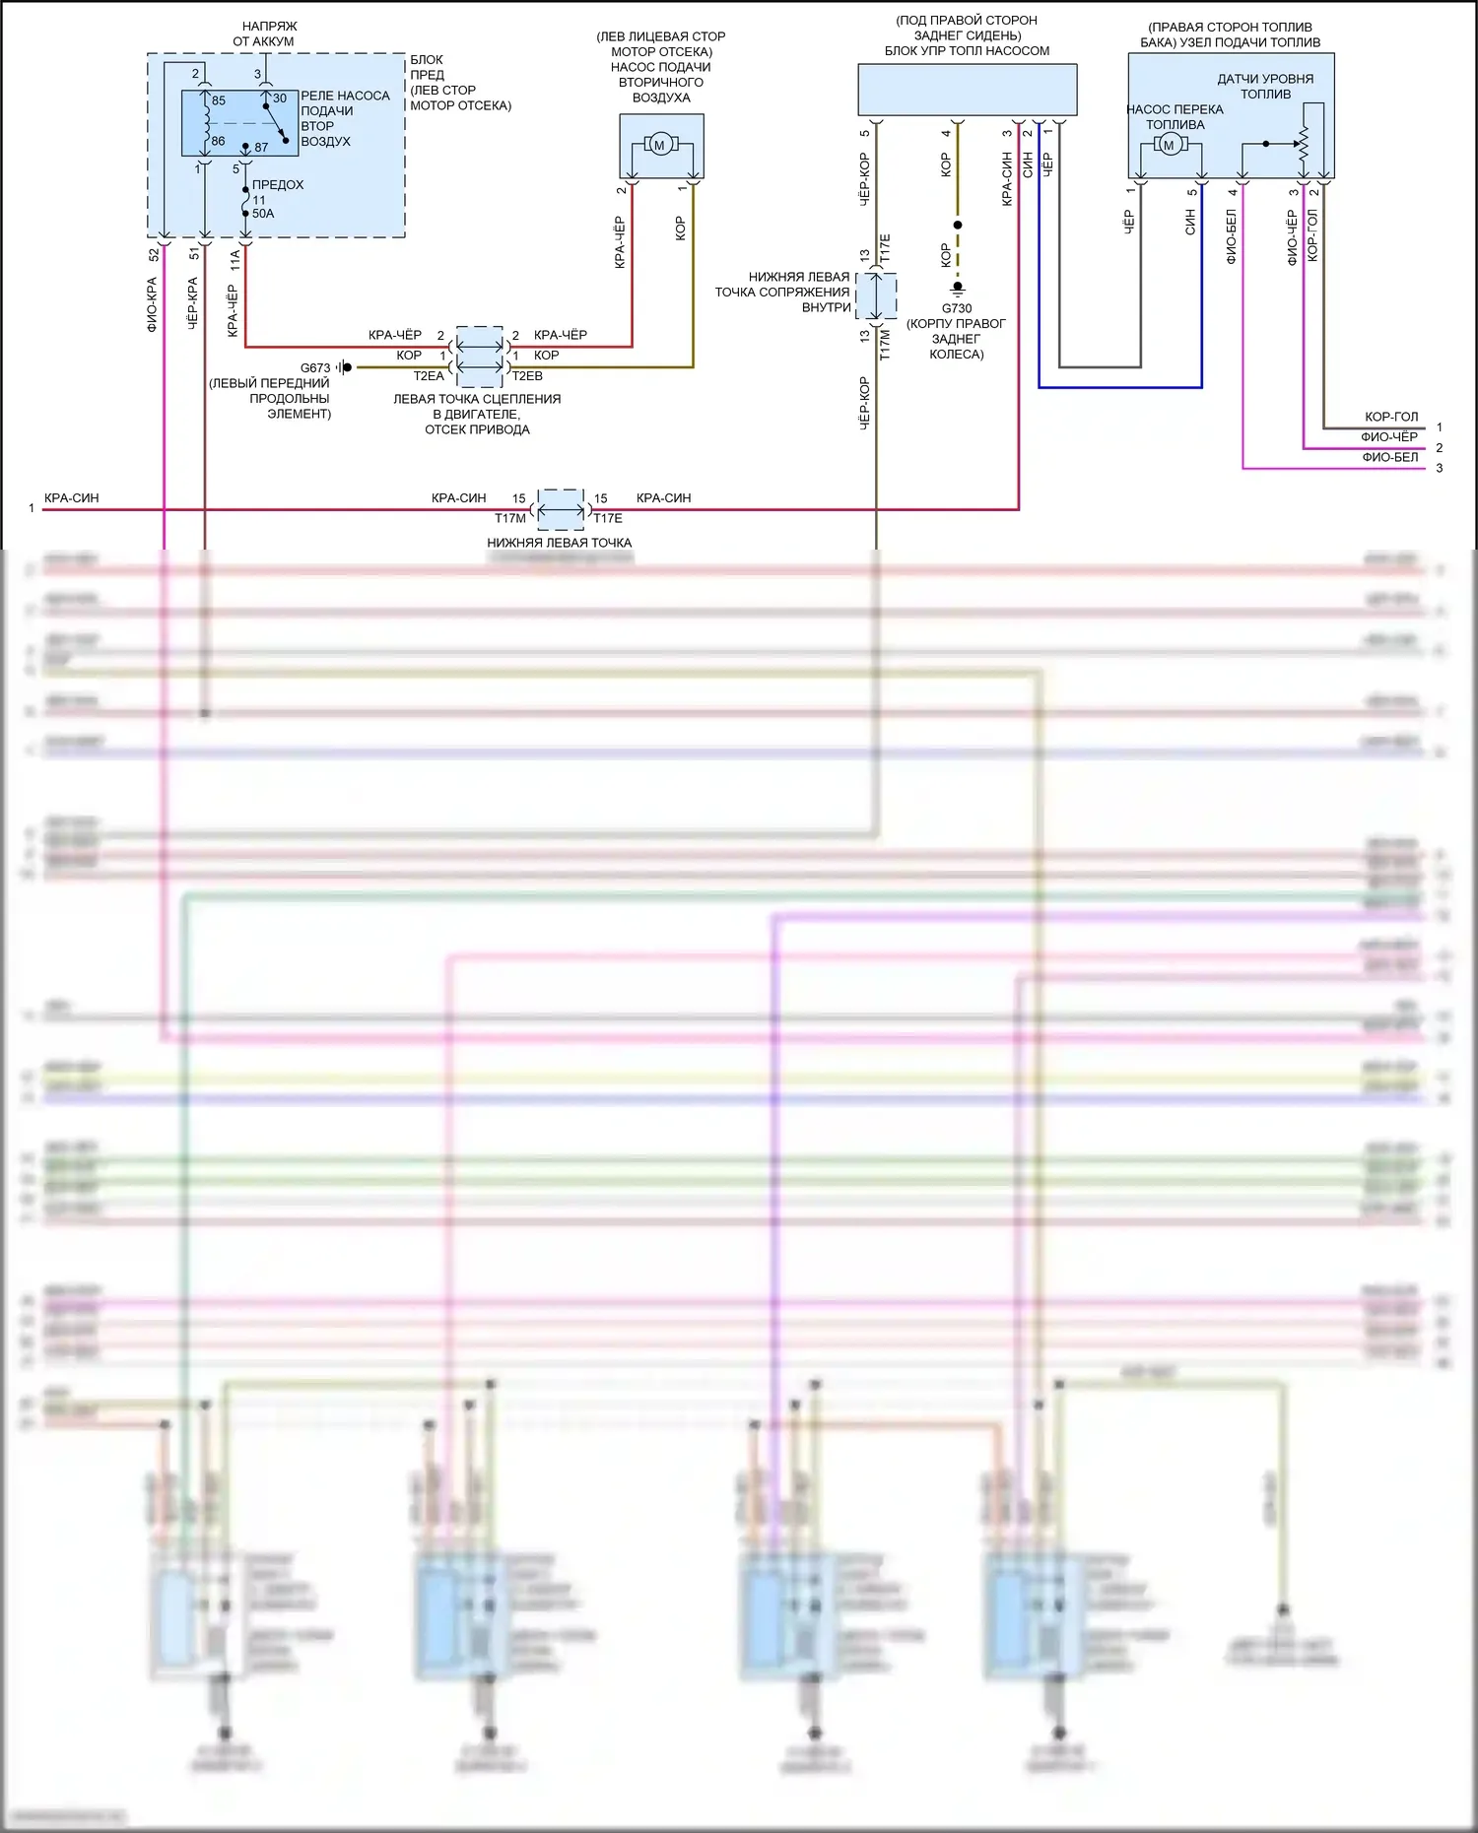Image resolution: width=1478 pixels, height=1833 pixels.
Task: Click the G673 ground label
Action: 315,367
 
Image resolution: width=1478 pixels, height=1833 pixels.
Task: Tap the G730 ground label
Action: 956,308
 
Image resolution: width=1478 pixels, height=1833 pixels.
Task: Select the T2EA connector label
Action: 429,376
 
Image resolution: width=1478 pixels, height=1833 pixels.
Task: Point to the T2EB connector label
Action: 527,376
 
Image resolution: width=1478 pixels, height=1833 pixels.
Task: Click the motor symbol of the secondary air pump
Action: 660,145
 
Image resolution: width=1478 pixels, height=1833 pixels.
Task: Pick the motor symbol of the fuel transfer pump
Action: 1169,145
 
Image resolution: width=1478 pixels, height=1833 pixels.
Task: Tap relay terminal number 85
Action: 219,100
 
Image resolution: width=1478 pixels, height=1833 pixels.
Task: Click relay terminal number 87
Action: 261,148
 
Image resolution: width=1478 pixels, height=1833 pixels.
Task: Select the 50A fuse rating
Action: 263,214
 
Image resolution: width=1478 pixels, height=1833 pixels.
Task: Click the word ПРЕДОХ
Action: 278,185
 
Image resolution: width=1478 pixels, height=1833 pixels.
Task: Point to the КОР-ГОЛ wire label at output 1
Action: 1391,417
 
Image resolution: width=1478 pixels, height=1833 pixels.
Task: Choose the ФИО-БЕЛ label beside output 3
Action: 1390,457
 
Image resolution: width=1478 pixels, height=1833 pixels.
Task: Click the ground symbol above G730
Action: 957,290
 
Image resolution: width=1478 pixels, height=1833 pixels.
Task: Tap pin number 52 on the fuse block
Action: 154,254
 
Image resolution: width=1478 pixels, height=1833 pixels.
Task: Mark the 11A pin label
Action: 235,259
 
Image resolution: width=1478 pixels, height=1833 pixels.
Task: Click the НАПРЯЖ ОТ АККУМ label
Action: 263,33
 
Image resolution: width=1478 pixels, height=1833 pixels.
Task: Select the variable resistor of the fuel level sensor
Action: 1303,144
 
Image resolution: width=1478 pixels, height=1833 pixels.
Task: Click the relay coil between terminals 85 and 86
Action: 206,119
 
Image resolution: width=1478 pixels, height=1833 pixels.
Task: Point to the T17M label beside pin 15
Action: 510,518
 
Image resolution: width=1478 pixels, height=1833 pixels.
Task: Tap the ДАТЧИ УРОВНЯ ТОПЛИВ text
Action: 1265,86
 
